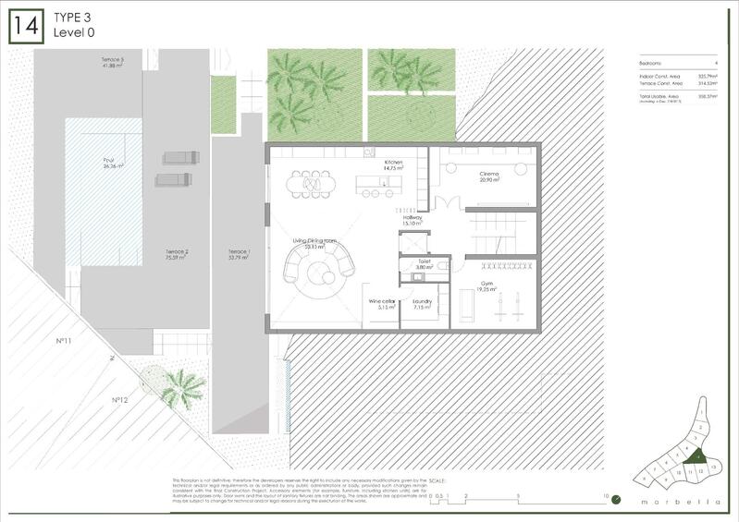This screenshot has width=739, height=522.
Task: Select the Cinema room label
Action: (x=489, y=176)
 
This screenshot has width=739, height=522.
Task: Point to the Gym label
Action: (x=486, y=286)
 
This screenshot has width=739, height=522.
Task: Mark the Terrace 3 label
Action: (x=113, y=61)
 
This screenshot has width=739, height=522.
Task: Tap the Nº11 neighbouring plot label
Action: (x=64, y=341)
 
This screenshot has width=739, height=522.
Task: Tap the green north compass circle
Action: (x=617, y=502)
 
